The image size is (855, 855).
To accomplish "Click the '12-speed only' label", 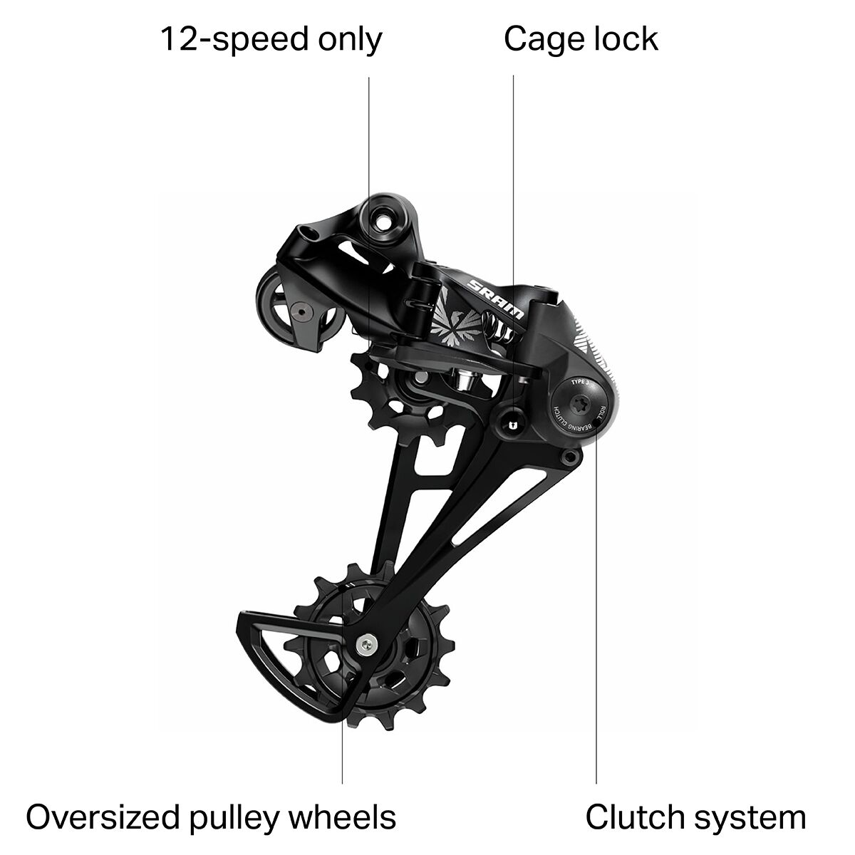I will pos(271,40).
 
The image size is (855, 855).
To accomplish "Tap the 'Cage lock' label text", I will pos(581,40).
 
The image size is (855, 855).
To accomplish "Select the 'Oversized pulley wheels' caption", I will pos(211,817).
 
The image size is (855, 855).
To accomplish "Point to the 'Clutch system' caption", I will pos(695,817).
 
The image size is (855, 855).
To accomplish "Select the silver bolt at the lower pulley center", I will pos(366,642).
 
